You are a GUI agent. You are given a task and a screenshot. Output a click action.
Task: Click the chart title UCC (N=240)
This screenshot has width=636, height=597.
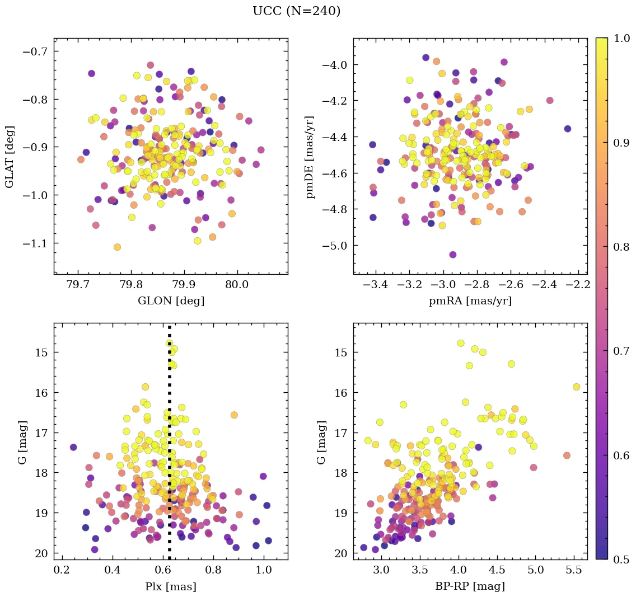point(296,11)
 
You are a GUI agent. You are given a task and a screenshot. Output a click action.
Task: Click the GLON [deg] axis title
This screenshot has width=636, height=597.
point(171,301)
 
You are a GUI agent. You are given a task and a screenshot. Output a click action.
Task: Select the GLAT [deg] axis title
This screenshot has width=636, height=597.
point(10,156)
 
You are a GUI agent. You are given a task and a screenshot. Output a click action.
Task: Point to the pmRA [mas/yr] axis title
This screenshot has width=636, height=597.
point(470,301)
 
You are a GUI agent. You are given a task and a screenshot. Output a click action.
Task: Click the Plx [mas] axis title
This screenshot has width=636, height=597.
point(171,586)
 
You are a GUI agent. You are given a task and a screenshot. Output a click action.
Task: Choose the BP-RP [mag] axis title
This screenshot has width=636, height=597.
point(470,586)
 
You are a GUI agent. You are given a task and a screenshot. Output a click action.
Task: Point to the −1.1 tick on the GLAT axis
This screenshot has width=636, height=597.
point(34,243)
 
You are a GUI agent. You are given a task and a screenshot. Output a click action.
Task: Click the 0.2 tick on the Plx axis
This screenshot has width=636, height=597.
point(62,572)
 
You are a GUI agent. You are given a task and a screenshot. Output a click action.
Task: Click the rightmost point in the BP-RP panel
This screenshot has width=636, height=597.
point(576,387)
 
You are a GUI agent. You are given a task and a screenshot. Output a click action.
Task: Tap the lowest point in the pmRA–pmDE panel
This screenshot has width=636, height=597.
point(452,255)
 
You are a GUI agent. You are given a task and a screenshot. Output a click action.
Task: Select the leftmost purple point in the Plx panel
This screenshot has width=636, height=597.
point(73,447)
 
